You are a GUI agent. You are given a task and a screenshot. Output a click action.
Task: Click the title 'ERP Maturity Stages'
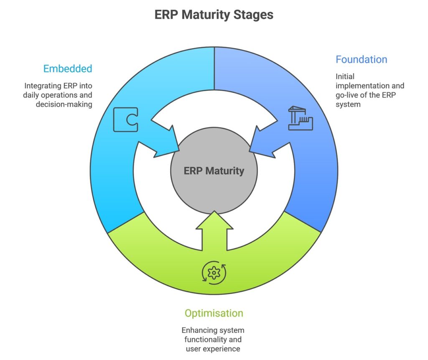(214, 15)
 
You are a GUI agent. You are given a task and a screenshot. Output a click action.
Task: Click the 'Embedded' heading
(68, 69)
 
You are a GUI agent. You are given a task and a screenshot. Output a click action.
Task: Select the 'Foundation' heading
(361, 59)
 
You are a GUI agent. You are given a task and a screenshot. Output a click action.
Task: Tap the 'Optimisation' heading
(214, 313)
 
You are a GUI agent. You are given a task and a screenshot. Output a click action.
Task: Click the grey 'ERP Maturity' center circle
(214, 171)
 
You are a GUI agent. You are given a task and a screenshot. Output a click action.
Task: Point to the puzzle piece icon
(125, 120)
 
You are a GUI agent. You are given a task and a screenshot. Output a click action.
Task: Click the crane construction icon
(301, 118)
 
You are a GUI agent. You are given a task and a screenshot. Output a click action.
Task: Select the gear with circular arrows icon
(214, 273)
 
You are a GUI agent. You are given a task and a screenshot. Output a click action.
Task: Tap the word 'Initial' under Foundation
(345, 77)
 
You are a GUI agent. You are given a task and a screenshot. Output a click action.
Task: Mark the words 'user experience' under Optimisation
(214, 349)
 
